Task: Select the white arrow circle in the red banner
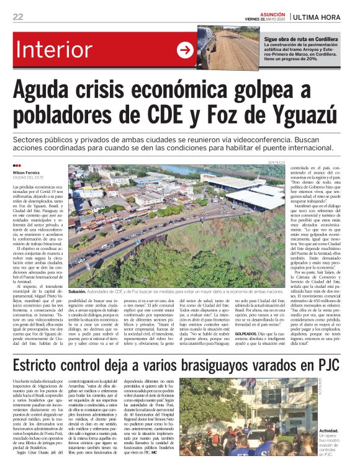coord(184,50)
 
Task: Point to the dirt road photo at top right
coord(230,48)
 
